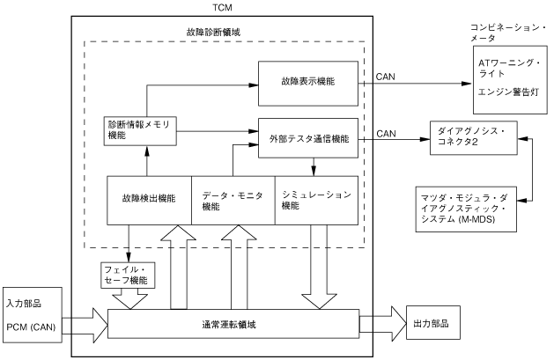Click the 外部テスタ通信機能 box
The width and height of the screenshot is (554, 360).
308,139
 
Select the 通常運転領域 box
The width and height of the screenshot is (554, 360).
233,324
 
